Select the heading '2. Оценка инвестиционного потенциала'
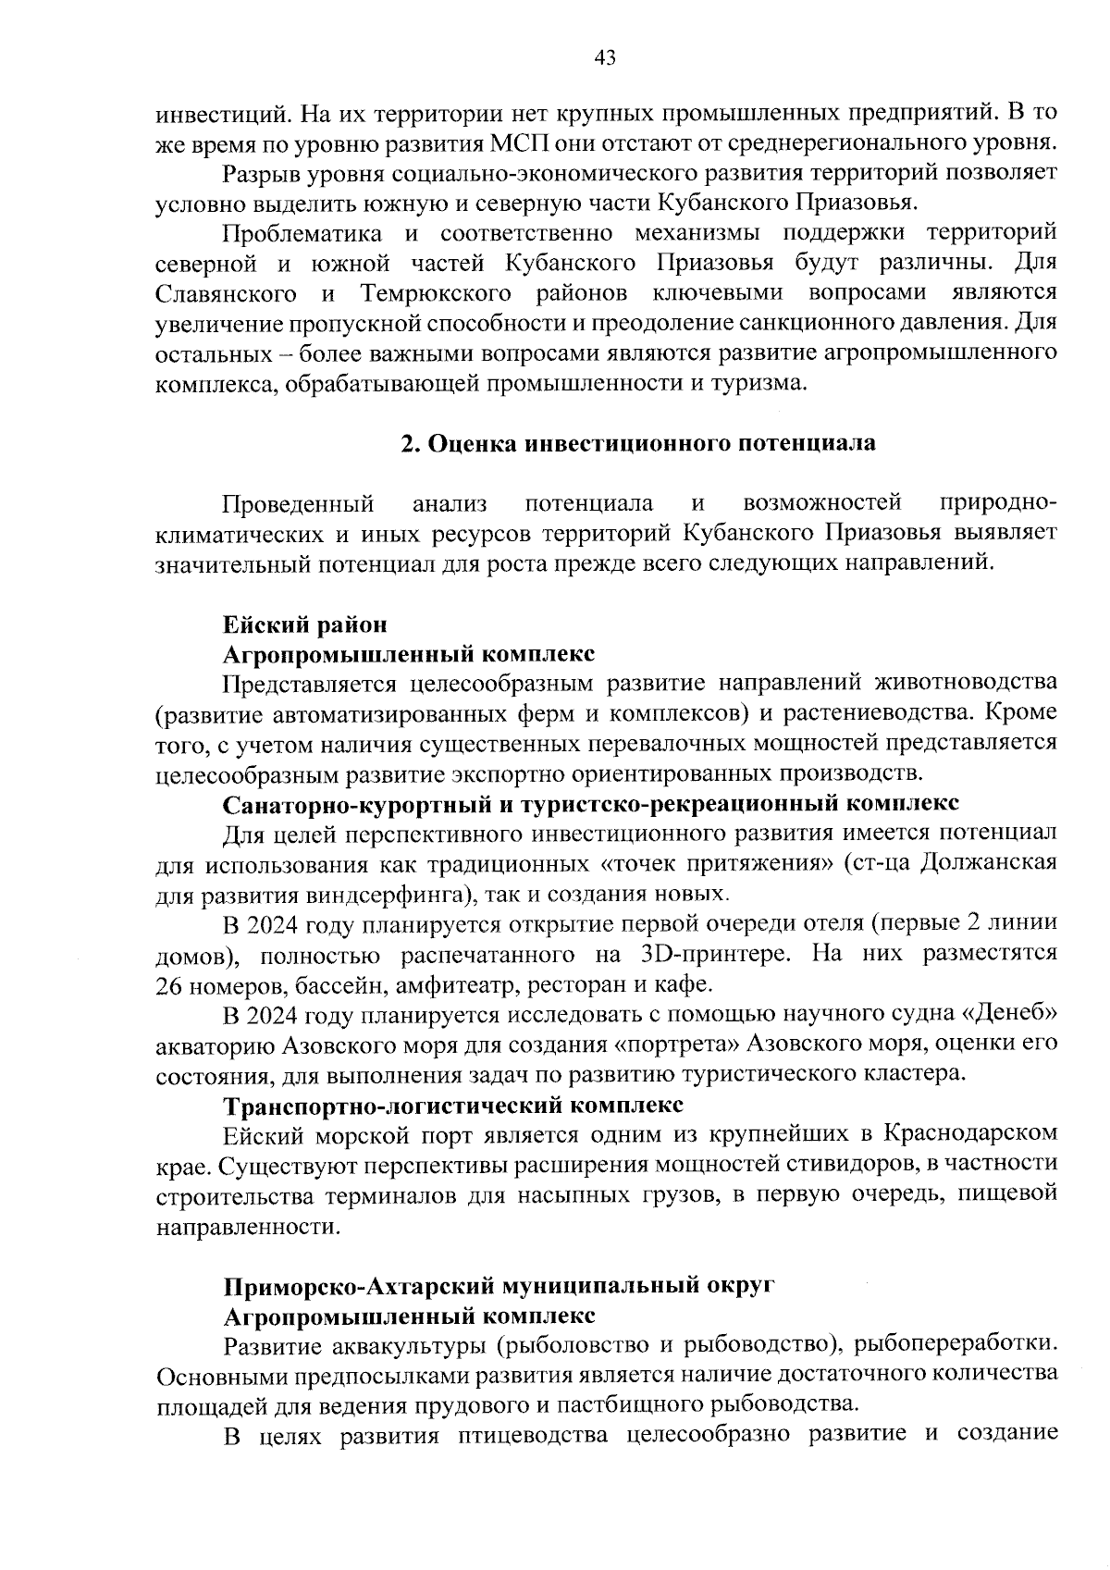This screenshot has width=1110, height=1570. click(x=638, y=443)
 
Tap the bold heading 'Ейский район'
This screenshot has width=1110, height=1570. click(x=299, y=624)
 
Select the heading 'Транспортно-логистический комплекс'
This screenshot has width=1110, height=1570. click(x=453, y=1105)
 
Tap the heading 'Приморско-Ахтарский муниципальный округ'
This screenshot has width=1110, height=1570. click(x=499, y=1286)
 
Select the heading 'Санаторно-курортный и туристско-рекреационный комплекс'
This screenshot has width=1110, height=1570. click(x=591, y=803)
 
